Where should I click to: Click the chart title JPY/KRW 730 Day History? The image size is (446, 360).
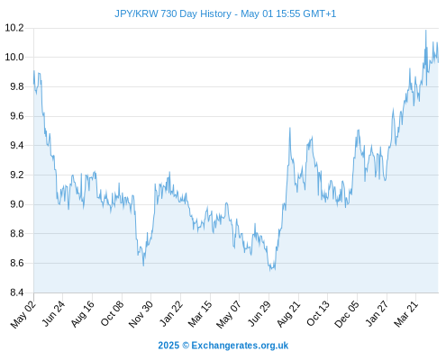coord(173,13)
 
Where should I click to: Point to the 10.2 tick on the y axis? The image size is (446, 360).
coord(14,28)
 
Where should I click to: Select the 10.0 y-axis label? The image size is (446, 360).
coord(14,57)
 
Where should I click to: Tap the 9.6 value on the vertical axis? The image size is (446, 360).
coord(17,116)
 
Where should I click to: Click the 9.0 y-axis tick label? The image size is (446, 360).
coord(17,204)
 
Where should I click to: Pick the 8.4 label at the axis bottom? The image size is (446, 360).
coord(17,292)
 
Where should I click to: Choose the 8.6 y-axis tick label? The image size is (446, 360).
coord(17,263)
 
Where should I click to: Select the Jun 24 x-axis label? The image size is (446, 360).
coord(53,314)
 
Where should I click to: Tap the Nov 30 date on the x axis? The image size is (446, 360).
coord(141,314)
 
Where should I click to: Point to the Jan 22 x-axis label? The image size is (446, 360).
coord(171,314)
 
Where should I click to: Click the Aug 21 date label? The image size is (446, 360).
coord(288,314)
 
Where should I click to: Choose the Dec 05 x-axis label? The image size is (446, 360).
coord(347,314)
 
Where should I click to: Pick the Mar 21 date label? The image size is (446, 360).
coord(406,314)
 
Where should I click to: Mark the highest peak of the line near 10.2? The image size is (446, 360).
coord(425,31)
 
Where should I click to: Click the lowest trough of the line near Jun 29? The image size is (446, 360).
coord(270,270)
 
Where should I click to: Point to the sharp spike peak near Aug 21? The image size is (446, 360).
coord(290,128)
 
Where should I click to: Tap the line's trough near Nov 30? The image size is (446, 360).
coord(143,265)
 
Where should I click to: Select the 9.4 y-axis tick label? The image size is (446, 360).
coord(17,146)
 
